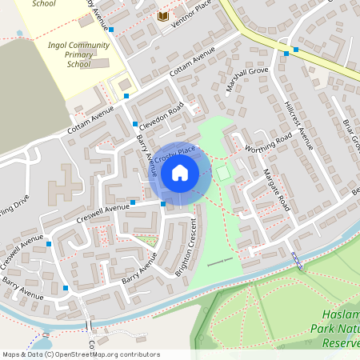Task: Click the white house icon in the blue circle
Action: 180,171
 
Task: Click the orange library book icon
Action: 163,16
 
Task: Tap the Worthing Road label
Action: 268,142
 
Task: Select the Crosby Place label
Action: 175,154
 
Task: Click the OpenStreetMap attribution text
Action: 80,354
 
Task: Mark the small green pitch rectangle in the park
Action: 222,172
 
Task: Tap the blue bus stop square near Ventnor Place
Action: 111,30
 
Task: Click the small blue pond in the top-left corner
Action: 19,34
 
